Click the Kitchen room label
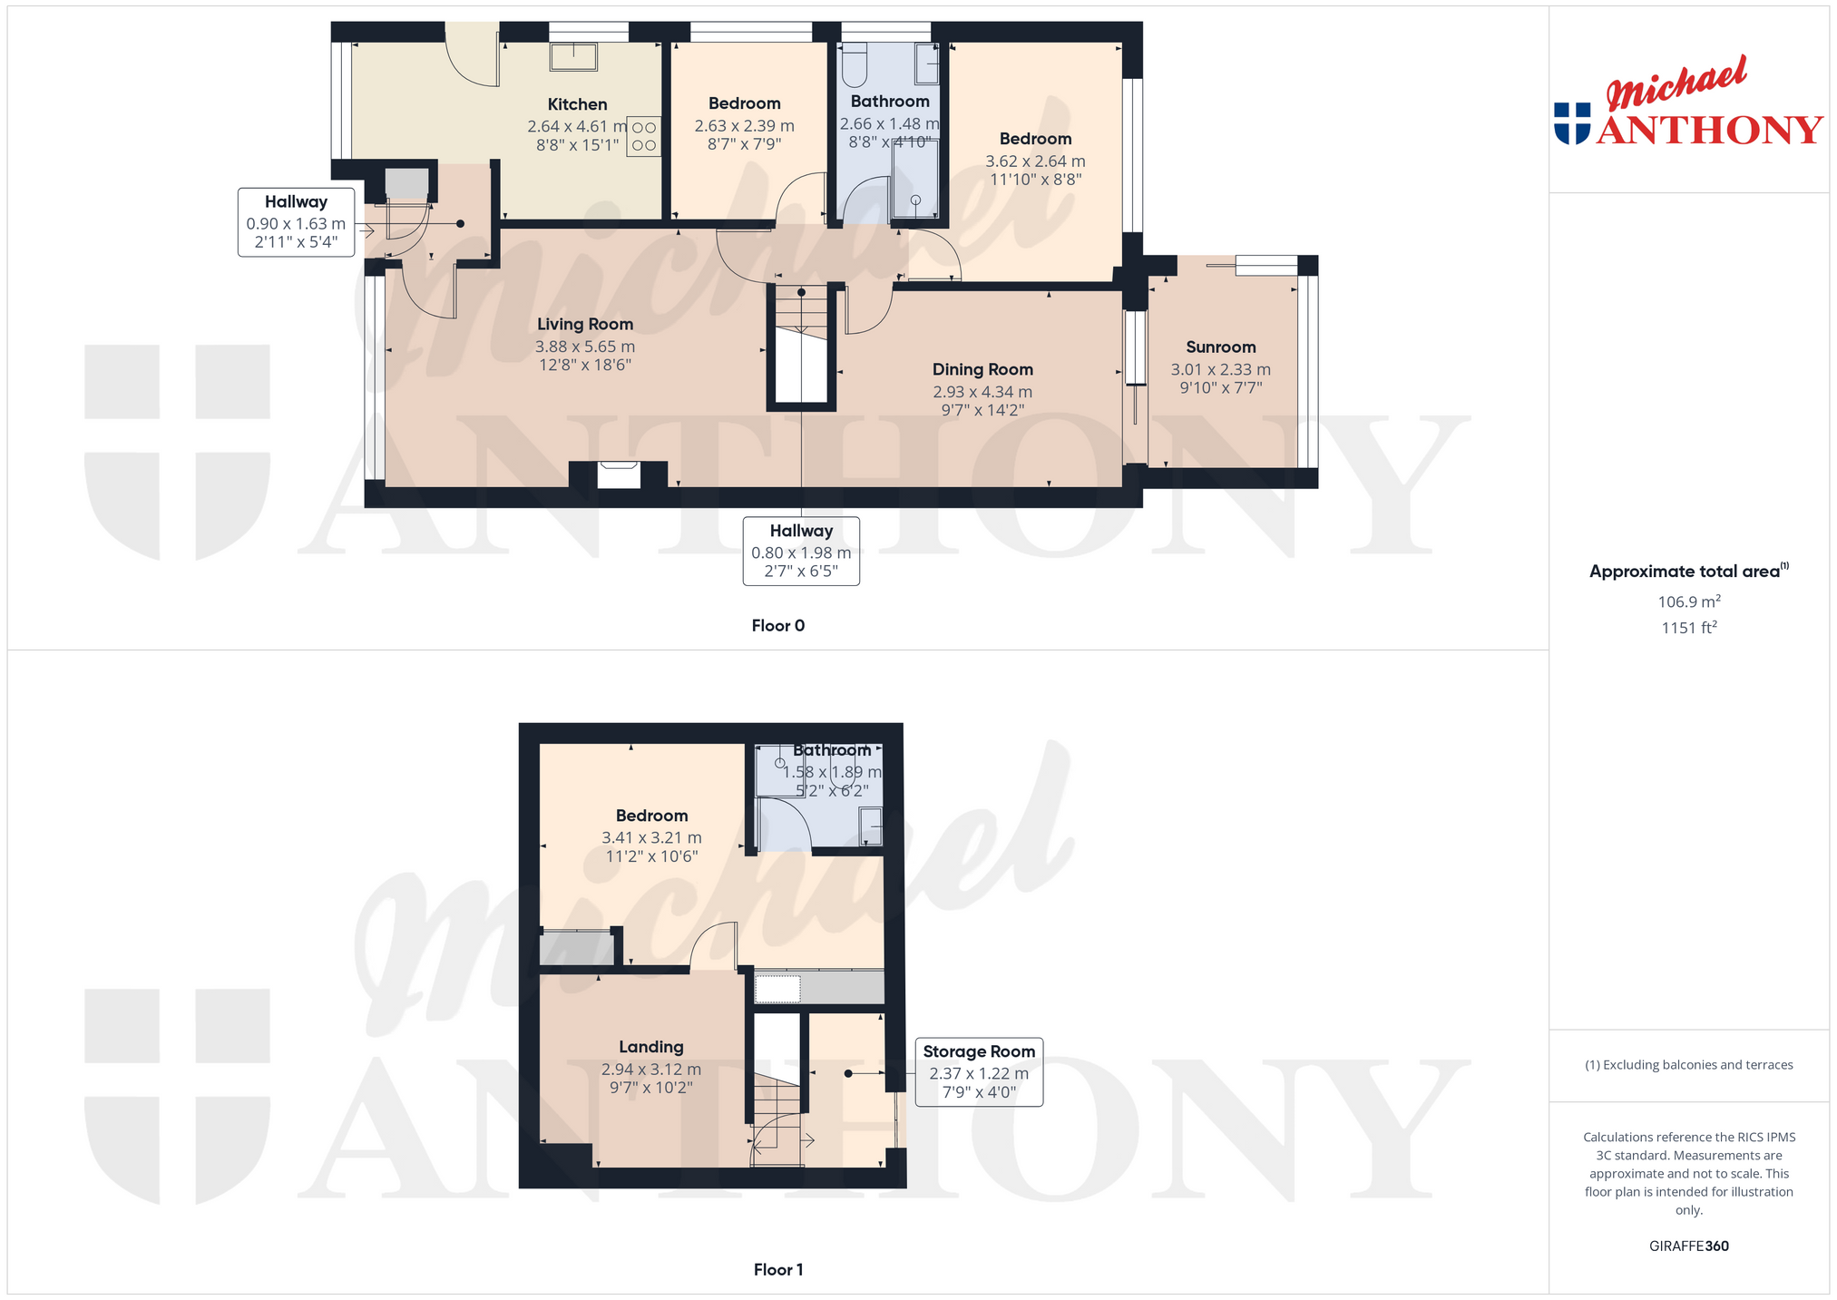[577, 104]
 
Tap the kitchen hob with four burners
[643, 136]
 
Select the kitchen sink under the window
[573, 56]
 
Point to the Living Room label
[585, 324]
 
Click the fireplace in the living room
[619, 474]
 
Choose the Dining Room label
[982, 369]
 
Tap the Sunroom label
[1221, 347]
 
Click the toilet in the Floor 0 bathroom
[855, 64]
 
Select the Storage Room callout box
[979, 1071]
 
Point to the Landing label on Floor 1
[651, 1047]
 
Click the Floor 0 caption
[778, 625]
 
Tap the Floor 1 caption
[778, 1269]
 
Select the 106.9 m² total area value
[1689, 601]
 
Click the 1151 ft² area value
[1689, 628]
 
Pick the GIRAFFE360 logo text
[1689, 1246]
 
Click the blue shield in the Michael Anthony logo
[1572, 123]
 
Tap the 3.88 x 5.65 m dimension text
[585, 347]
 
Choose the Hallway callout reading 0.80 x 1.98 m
[801, 551]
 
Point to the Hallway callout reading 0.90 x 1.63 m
[296, 222]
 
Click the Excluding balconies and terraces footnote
[1689, 1065]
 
